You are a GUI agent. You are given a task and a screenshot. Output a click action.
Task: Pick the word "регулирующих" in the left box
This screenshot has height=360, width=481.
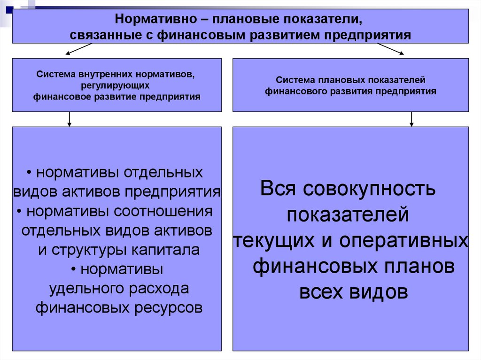click(116, 86)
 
